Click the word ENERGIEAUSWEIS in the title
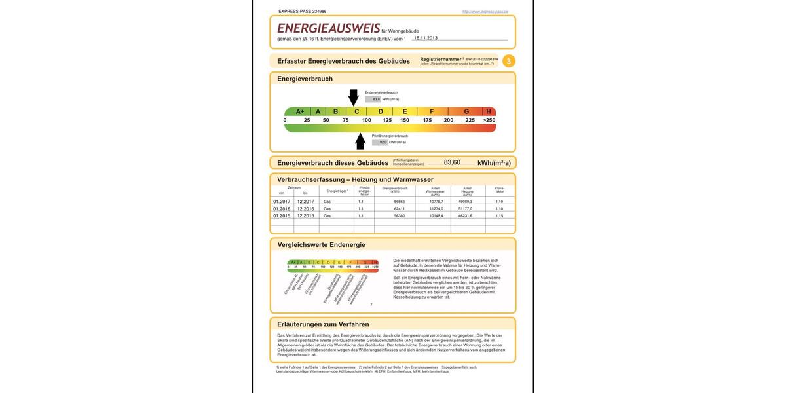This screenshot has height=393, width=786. click(x=328, y=28)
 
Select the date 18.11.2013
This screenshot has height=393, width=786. click(x=426, y=38)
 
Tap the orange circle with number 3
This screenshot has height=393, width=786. click(x=509, y=61)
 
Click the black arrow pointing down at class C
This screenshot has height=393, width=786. click(x=354, y=97)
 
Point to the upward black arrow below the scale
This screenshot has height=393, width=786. click(x=360, y=141)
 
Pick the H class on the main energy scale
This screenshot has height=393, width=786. click(x=489, y=111)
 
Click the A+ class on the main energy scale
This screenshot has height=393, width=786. click(x=300, y=111)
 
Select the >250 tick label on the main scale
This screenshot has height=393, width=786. click(x=489, y=120)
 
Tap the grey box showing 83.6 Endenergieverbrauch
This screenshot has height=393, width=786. click(x=373, y=99)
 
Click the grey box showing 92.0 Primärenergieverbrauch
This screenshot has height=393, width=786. click(x=380, y=142)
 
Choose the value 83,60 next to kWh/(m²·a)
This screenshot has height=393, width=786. click(x=452, y=162)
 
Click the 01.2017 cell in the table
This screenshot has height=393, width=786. click(x=282, y=202)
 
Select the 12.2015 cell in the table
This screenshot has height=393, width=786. click(x=305, y=215)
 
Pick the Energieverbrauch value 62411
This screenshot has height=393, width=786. click(x=400, y=208)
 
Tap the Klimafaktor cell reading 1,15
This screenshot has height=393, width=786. click(x=499, y=215)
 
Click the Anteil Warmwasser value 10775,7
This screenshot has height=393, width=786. click(x=436, y=202)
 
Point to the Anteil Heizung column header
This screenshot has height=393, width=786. click(x=467, y=191)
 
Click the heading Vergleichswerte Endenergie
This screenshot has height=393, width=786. click(x=321, y=245)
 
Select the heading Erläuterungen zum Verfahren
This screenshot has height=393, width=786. click(x=323, y=324)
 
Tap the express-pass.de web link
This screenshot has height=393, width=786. click(x=485, y=12)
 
